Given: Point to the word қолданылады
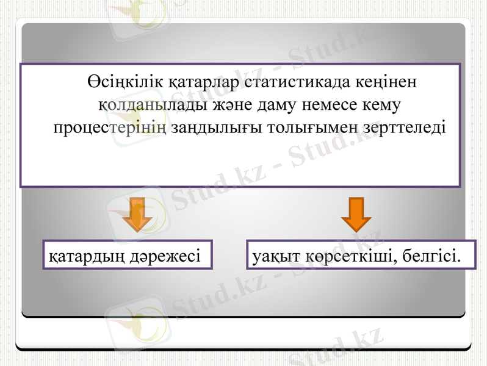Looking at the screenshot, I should tap(146, 106).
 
